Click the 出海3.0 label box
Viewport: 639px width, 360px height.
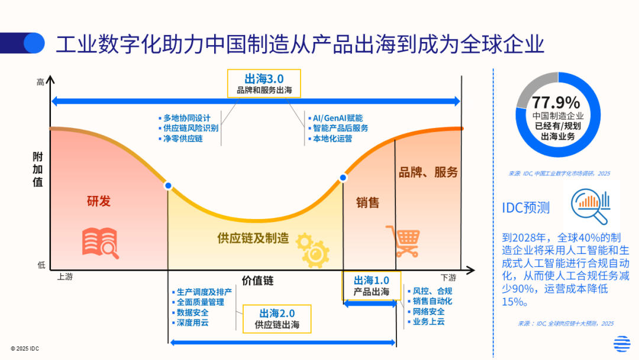click(264, 83)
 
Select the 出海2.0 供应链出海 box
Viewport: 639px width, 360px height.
click(277, 319)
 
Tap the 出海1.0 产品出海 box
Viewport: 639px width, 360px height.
click(372, 285)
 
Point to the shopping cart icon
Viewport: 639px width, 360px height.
click(403, 240)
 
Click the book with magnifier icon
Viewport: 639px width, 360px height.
click(100, 242)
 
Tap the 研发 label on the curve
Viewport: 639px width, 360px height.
click(99, 201)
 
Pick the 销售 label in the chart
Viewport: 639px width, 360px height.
click(367, 202)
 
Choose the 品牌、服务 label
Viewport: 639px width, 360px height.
click(428, 172)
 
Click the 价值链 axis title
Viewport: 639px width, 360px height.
click(257, 280)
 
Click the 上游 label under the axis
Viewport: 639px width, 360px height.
click(65, 277)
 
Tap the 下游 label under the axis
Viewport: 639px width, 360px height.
click(448, 277)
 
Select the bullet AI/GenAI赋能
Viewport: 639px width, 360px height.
click(337, 118)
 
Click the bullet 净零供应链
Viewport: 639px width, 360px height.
click(183, 139)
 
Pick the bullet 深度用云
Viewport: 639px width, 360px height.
click(192, 323)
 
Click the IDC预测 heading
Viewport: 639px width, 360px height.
click(526, 207)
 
